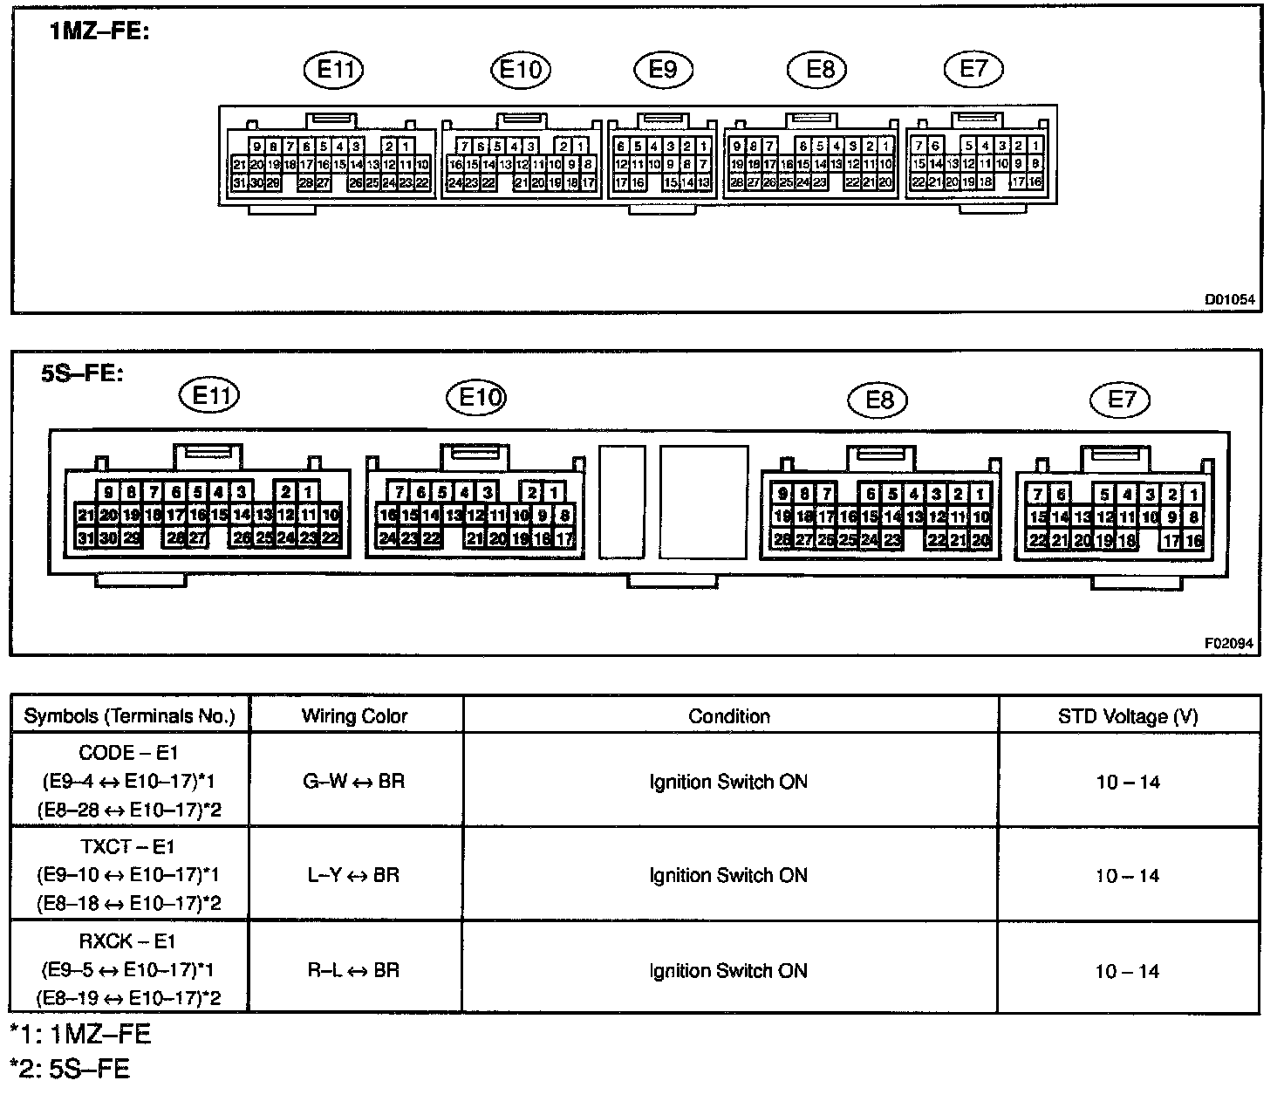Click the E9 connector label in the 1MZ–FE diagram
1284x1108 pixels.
(663, 69)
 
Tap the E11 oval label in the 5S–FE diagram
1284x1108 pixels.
(209, 395)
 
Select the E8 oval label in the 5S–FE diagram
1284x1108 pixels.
(879, 400)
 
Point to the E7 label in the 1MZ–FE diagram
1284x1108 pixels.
(973, 68)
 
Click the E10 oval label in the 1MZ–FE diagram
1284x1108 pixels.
(521, 69)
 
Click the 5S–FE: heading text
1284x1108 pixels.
(82, 373)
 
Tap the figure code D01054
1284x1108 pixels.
(1229, 299)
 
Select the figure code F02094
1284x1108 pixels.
(1229, 643)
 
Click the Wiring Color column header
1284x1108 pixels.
(354, 716)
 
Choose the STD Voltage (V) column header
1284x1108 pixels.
(1128, 716)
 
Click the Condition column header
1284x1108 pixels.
(729, 716)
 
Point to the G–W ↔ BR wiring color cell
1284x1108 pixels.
(354, 781)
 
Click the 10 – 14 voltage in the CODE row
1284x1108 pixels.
(1128, 782)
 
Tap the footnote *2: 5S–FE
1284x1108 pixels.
(70, 1069)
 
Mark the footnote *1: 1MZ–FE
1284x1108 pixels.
(80, 1035)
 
